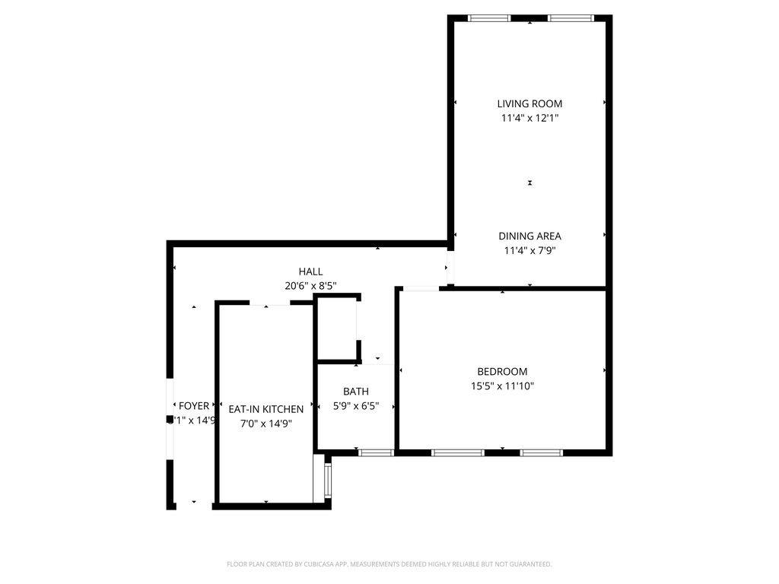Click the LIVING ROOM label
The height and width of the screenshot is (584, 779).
click(x=529, y=103)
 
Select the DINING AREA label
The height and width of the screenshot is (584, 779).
click(x=529, y=236)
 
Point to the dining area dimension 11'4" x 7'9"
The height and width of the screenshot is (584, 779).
click(x=529, y=250)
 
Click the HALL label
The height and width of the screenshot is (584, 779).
click(x=310, y=271)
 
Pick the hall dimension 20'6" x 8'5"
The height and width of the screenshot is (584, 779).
click(x=310, y=286)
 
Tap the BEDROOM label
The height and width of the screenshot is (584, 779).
click(x=502, y=372)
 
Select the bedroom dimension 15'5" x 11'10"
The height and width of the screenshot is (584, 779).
click(x=502, y=386)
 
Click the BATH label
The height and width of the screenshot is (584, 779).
click(x=355, y=392)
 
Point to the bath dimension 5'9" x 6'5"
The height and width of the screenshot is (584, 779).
click(x=356, y=406)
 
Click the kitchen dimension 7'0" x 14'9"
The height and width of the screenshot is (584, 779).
click(x=265, y=424)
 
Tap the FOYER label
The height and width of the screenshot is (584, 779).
click(x=193, y=406)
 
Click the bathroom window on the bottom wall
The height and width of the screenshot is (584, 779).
click(x=376, y=452)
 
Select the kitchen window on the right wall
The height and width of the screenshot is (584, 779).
click(x=328, y=481)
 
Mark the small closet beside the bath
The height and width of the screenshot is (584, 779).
click(x=335, y=328)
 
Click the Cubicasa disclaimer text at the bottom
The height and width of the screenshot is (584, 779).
click(x=389, y=564)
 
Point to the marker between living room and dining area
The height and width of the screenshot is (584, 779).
click(x=530, y=182)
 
